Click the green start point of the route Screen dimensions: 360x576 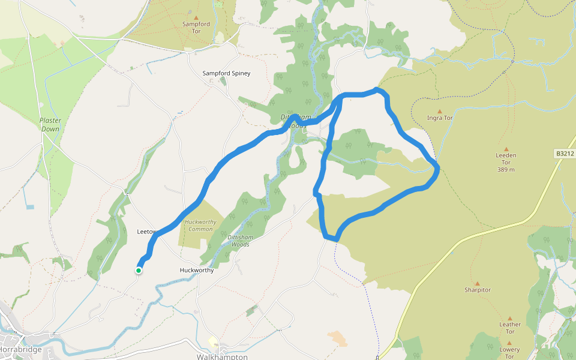pos(139,271)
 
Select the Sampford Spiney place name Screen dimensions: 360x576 pos(226,73)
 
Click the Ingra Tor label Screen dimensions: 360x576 pos(439,118)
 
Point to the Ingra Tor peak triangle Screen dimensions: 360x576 pos(439,111)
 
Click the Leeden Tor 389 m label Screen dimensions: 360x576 pos(506,162)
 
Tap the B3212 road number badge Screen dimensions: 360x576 pos(564,154)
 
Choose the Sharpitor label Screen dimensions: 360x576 pos(478,290)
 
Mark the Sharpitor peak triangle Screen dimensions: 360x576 pos(478,283)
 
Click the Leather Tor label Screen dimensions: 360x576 pos(510,328)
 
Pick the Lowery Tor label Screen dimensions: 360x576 pos(509,349)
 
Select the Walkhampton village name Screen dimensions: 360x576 pos(222,356)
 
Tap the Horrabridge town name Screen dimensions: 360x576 pos(21,349)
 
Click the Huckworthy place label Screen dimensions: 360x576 pos(197,270)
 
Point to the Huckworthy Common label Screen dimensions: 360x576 pos(200,226)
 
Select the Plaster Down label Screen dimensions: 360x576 pos(50,125)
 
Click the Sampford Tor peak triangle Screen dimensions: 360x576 pos(196,17)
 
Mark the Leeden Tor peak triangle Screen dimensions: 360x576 pos(506,149)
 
